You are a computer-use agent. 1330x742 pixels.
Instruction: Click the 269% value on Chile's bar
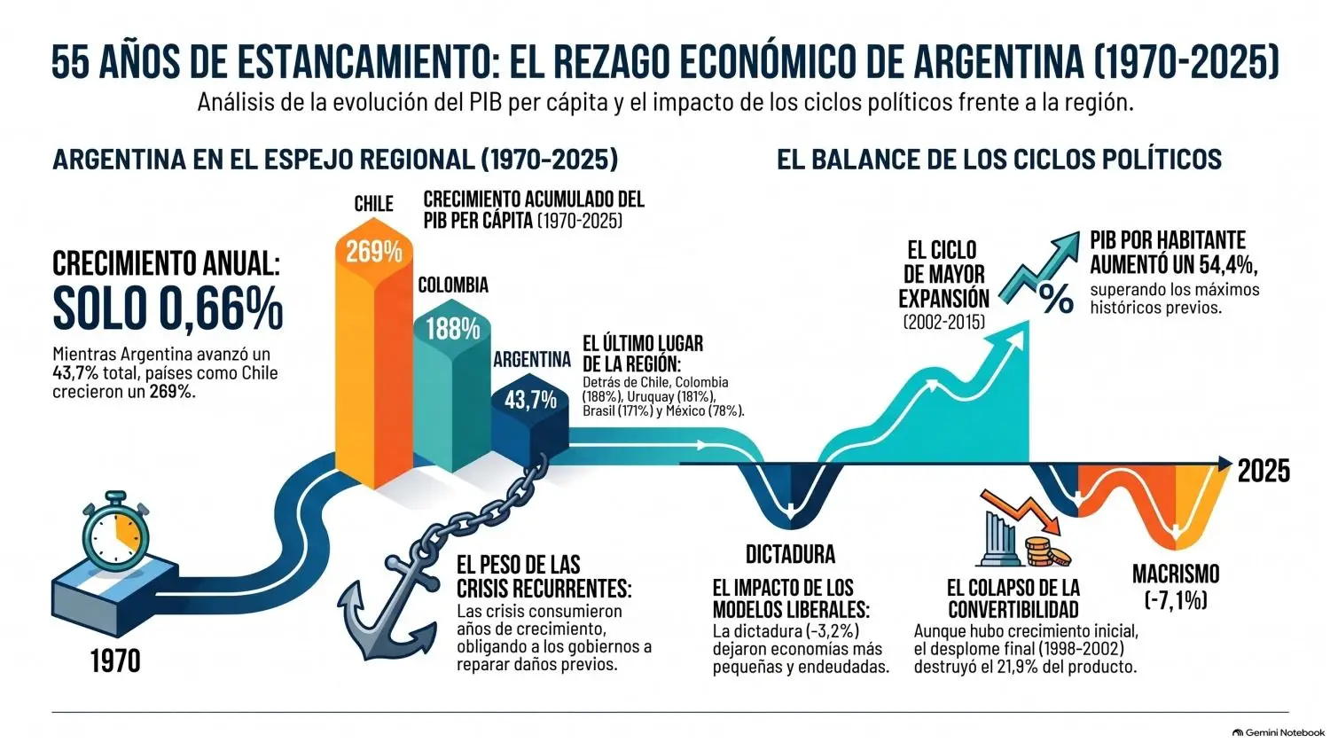pos(374,252)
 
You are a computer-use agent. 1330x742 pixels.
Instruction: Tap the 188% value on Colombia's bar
pos(452,328)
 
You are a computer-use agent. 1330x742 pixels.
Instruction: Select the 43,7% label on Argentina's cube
pos(530,400)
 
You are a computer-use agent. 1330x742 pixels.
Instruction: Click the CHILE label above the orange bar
pos(373,204)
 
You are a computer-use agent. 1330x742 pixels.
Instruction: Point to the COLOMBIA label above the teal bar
pos(453,285)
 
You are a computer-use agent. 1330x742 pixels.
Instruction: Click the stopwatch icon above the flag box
pos(115,531)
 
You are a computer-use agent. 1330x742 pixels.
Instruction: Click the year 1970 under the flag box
pos(115,660)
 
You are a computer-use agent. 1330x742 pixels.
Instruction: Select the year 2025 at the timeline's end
pos(1263,472)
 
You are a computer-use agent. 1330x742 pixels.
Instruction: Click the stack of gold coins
pos(1047,551)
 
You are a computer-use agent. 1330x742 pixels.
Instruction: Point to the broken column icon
pos(999,538)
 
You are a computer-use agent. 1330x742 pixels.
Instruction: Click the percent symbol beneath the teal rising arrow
pos(1056,299)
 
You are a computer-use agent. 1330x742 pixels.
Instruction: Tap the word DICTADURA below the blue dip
pos(790,554)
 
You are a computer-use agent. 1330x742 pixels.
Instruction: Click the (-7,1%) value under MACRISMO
pos(1176,601)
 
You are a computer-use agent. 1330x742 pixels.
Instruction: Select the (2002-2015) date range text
pos(943,322)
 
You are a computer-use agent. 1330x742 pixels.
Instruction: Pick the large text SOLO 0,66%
pos(168,309)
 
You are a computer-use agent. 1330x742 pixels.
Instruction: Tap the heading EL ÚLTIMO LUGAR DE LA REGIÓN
pos(643,353)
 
